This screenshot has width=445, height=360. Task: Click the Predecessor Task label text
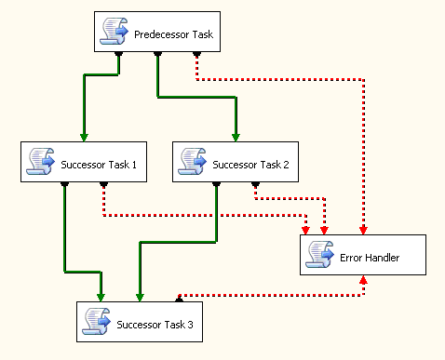173,34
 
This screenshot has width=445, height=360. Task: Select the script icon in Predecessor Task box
114,31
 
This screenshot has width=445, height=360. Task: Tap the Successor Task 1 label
99,165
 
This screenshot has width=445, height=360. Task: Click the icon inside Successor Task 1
40,161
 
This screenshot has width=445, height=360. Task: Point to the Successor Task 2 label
250,165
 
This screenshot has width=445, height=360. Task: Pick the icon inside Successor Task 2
192,161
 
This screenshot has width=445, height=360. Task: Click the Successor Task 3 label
155,325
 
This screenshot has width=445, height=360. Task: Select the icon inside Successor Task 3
96,321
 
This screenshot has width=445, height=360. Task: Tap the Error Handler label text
370,258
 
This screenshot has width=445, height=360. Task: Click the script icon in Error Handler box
319,254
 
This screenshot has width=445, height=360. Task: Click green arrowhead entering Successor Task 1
84,138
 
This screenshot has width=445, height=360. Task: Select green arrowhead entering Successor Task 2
236,138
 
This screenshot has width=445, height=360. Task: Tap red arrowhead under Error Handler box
363,280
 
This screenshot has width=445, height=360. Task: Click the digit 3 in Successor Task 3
190,325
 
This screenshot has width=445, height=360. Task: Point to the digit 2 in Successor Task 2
286,165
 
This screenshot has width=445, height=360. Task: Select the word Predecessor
161,34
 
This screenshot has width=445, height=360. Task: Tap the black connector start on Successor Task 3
179,300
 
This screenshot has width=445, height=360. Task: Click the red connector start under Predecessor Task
196,54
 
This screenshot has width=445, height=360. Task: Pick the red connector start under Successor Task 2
255,184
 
